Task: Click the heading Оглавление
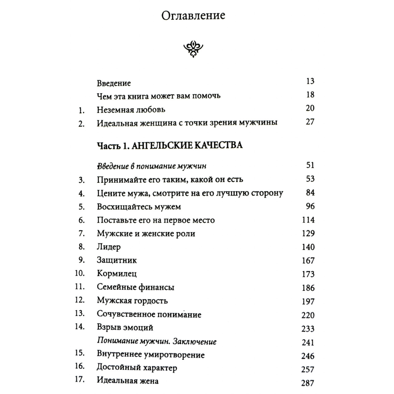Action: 193,16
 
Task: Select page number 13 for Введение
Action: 310,81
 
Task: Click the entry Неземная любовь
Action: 131,110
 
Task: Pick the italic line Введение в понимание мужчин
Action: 152,166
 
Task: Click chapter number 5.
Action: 82,207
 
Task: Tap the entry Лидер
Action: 109,247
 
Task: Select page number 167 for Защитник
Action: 308,261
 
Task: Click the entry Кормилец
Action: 117,274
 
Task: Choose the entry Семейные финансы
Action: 136,287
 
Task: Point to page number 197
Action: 308,301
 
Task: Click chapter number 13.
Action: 80,313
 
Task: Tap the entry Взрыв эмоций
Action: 125,328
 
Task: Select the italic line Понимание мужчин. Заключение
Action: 157,341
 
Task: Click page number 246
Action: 308,356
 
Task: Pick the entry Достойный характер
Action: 137,368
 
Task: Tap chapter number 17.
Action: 80,380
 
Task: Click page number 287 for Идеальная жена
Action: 308,383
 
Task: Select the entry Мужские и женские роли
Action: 146,234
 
